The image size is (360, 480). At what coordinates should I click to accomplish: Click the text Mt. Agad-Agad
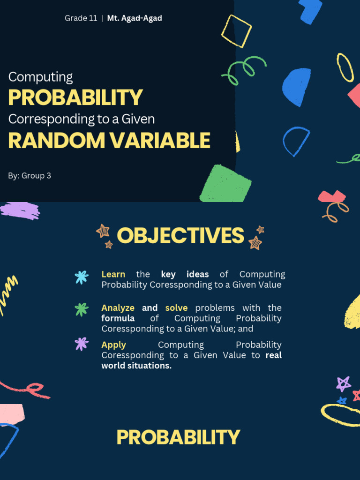pyautogui.click(x=135, y=18)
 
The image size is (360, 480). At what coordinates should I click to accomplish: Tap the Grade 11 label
pyautogui.click(x=81, y=18)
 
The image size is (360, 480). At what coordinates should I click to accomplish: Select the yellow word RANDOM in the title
pyautogui.click(x=56, y=141)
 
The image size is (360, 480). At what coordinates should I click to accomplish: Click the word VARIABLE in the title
pyautogui.click(x=160, y=141)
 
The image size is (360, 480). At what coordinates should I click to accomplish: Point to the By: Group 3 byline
pyautogui.click(x=30, y=176)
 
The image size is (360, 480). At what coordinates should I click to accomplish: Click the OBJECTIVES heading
pyautogui.click(x=180, y=235)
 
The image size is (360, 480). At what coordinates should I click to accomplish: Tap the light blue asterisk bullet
pyautogui.click(x=82, y=277)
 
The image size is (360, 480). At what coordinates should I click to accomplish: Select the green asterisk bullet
pyautogui.click(x=82, y=309)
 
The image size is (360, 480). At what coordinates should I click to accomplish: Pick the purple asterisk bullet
pyautogui.click(x=82, y=344)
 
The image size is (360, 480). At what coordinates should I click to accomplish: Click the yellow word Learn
pyautogui.click(x=113, y=274)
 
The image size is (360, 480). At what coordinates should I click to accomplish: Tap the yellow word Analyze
pyautogui.click(x=118, y=308)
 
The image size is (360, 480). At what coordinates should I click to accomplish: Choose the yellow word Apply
pyautogui.click(x=113, y=345)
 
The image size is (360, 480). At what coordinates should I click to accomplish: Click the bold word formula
pyautogui.click(x=118, y=318)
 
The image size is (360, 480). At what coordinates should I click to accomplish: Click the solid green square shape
pyautogui.click(x=225, y=184)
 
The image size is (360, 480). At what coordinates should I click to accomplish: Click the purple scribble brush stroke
pyautogui.click(x=20, y=210)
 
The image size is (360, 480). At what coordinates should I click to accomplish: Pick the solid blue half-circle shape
pyautogui.click(x=296, y=87)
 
